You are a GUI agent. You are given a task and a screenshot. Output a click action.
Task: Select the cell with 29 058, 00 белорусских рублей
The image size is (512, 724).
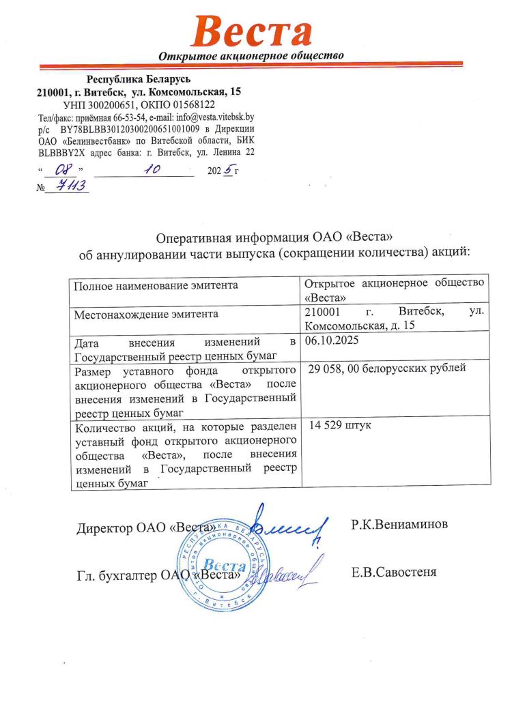coord(387,369)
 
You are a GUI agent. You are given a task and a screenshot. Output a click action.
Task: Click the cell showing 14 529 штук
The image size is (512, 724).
coord(339,425)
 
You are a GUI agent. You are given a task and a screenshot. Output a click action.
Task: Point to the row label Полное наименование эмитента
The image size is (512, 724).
coord(156,285)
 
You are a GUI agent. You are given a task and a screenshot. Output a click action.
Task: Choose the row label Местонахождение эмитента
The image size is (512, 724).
coord(146,314)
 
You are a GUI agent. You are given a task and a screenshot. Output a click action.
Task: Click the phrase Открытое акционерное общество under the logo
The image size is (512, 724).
coord(251,55)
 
